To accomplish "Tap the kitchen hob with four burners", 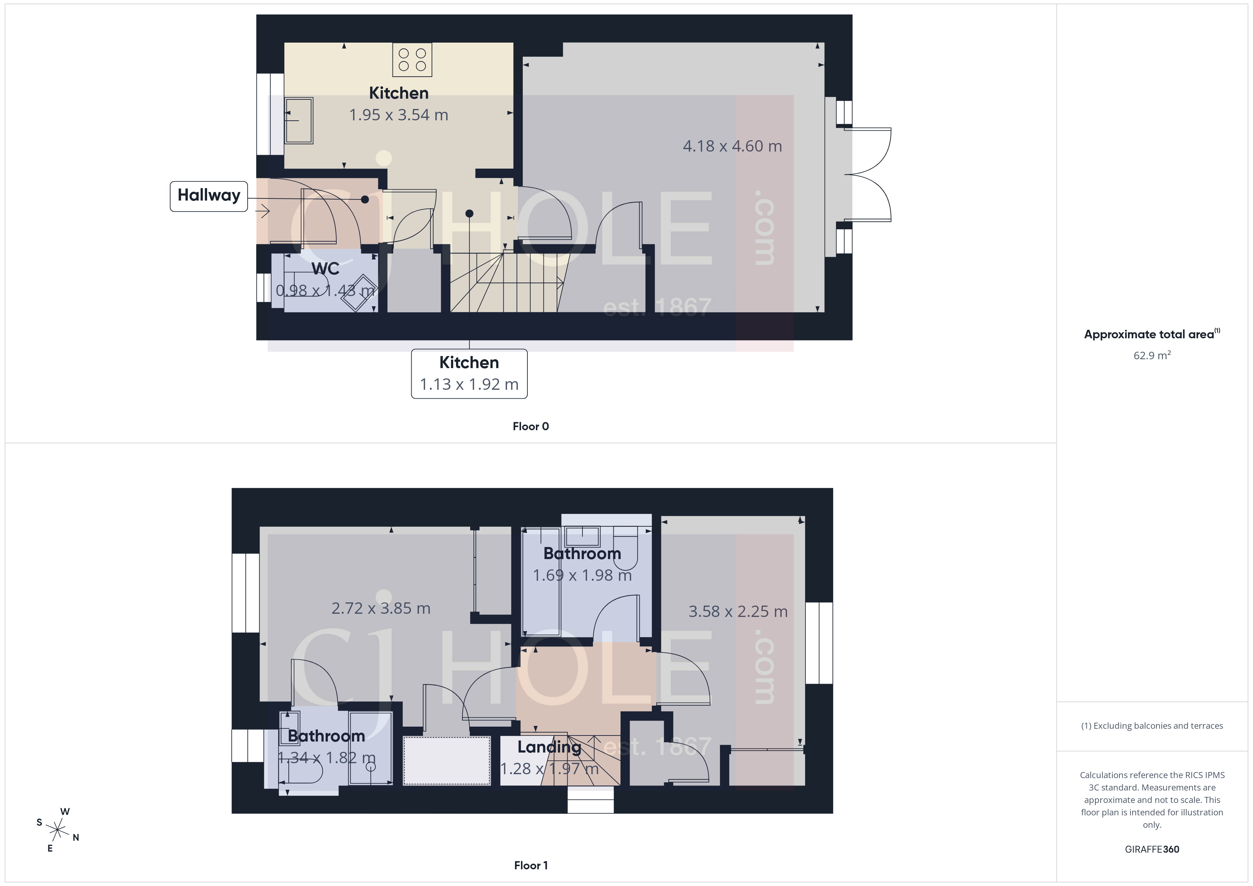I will [x=412, y=60].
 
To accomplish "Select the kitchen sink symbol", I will [x=299, y=121].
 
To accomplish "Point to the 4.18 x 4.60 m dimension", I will [x=732, y=146].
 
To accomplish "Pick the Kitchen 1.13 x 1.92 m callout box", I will [x=469, y=374].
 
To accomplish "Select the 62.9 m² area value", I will [x=1151, y=356].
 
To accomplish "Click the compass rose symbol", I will [x=57, y=830].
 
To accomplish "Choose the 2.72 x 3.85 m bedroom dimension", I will [x=380, y=608].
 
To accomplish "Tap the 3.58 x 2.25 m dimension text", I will [x=738, y=612].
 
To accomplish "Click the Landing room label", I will [x=549, y=747].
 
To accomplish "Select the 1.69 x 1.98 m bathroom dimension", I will [x=582, y=575].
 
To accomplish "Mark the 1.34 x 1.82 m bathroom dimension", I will [x=326, y=758].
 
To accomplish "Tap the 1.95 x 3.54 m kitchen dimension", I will [x=398, y=115].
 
